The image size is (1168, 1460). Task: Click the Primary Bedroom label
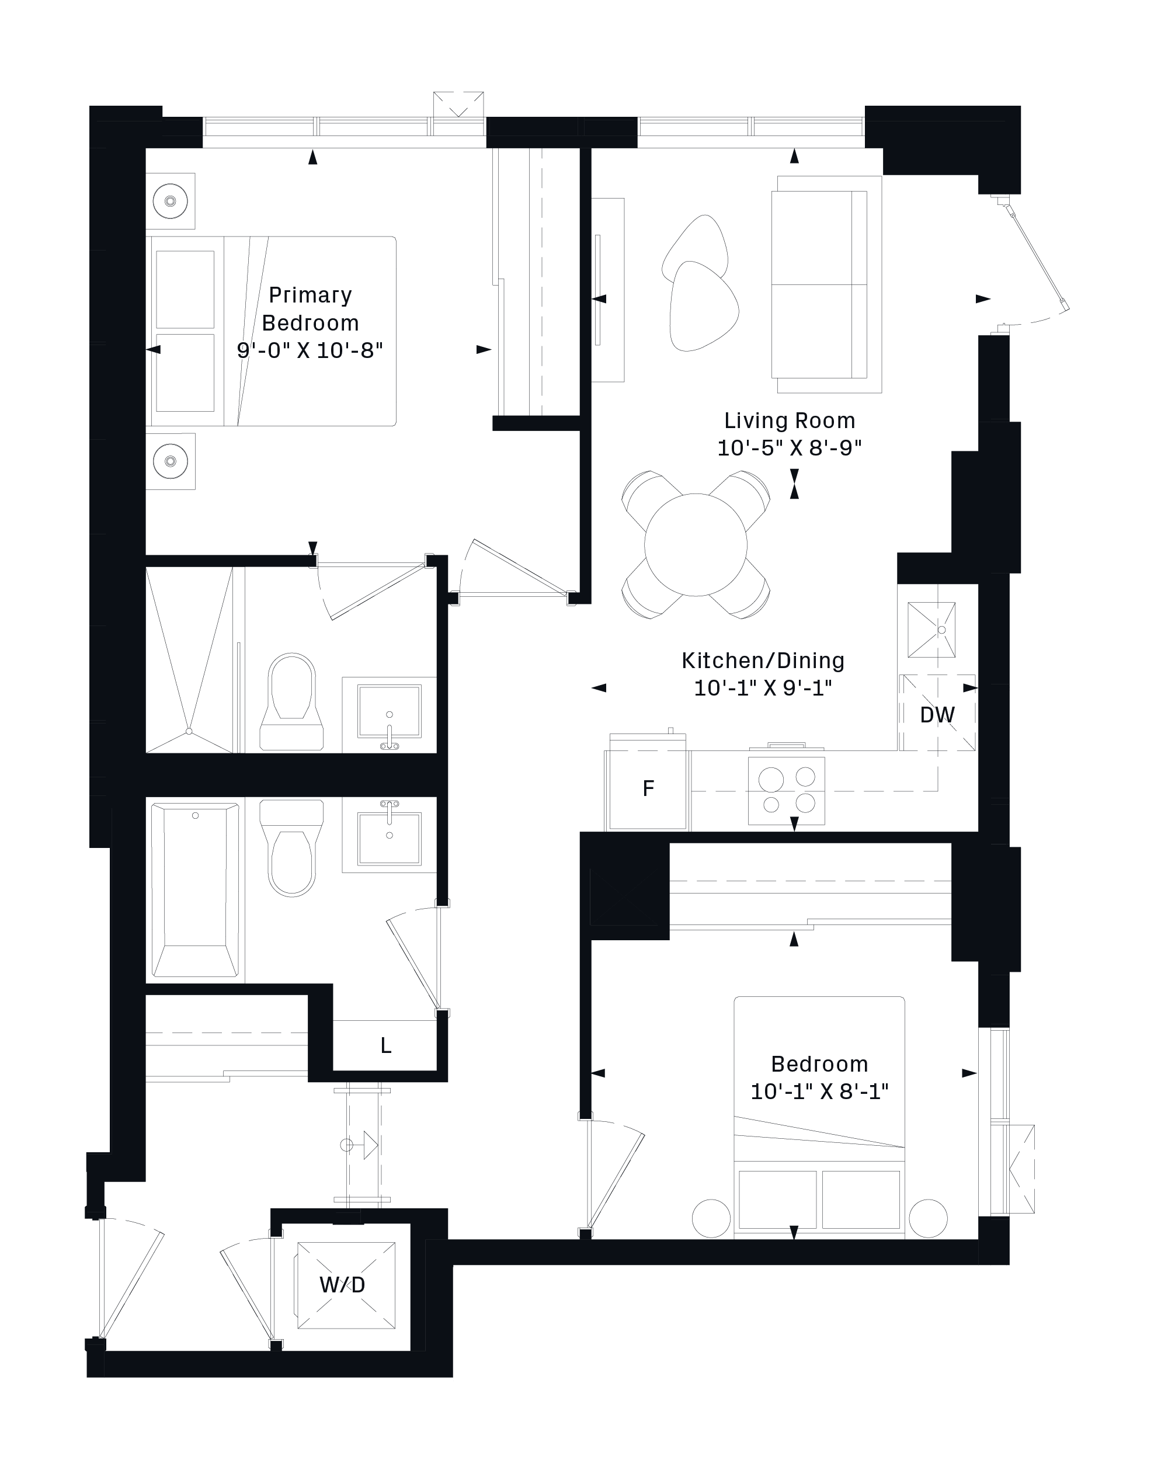coord(310,309)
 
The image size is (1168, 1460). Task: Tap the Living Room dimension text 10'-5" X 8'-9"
coord(790,449)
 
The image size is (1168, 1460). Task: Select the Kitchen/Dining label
coord(763,661)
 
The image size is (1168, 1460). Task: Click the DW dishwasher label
coord(937,714)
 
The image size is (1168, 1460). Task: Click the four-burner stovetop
coord(787,790)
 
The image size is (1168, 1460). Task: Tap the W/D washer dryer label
coord(343,1285)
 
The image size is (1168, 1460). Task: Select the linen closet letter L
coord(386,1045)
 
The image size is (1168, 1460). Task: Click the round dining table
coord(696,544)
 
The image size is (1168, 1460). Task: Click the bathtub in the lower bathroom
coord(195,890)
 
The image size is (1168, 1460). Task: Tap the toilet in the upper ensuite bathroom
coord(292,702)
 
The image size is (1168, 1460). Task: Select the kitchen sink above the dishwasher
coord(931,630)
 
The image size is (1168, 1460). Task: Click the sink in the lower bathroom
coord(390,835)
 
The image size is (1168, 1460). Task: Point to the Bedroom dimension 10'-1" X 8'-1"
coord(819,1091)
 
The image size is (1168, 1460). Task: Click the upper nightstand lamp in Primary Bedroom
coord(170,201)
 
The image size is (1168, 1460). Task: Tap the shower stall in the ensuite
coord(190,661)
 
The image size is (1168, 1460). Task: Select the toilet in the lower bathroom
coord(292,848)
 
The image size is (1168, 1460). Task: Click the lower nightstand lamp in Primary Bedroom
coord(170,461)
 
